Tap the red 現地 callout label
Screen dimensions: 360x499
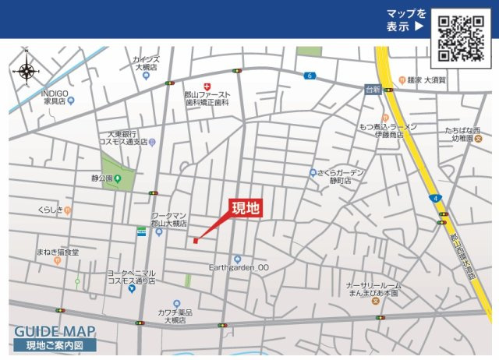pos(245,208)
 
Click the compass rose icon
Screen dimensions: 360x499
pos(27,71)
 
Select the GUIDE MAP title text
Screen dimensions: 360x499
pos(55,330)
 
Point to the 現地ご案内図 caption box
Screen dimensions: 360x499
pos(55,345)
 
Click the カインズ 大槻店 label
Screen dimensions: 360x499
pos(146,63)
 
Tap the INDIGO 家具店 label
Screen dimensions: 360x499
pos(57,97)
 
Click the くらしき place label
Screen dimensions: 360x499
pos(51,210)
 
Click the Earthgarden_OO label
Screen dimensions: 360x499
pos(239,267)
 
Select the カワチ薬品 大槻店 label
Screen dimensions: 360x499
pos(175,316)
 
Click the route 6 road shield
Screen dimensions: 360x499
pos(310,75)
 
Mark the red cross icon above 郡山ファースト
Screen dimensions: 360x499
pos(207,86)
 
